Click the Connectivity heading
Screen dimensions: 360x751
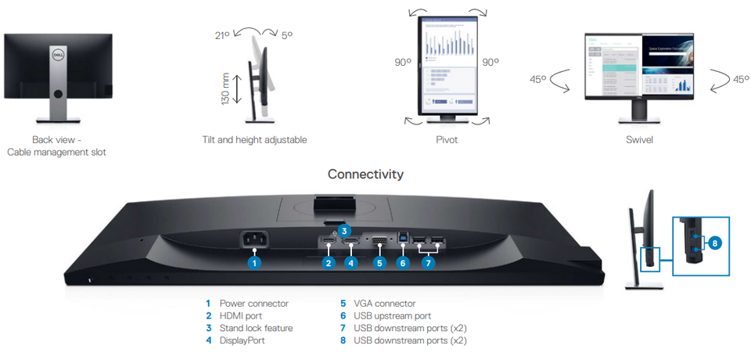(365, 174)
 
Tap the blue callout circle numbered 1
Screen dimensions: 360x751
(253, 263)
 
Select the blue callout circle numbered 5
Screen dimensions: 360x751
(379, 263)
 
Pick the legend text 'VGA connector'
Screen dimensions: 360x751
(384, 303)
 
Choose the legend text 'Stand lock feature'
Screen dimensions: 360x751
(256, 328)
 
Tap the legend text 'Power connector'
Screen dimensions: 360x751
(253, 303)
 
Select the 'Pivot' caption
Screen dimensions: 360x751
(447, 140)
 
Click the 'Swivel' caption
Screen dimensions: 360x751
(639, 140)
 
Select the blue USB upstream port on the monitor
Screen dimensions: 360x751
(402, 239)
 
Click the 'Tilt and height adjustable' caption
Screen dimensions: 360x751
(254, 140)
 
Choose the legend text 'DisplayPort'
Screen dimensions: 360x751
(243, 340)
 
